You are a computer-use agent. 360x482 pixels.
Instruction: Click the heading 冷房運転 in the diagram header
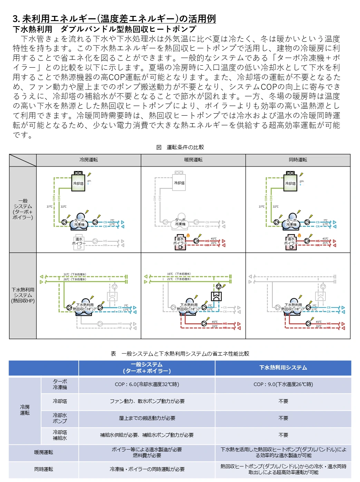point(89,160)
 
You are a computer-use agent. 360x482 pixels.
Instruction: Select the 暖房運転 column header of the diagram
point(193,160)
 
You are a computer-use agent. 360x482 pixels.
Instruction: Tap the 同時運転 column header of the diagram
point(298,160)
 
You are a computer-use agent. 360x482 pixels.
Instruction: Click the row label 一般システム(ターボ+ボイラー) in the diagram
point(23,209)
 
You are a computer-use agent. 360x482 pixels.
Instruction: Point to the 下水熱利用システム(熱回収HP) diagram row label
point(23,295)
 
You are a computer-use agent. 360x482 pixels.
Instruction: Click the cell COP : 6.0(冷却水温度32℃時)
point(147,384)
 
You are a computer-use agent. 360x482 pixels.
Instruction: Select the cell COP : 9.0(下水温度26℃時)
point(283,384)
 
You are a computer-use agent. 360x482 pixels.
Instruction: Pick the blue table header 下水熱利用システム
point(283,368)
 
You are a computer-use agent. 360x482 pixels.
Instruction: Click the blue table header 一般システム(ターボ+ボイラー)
point(147,368)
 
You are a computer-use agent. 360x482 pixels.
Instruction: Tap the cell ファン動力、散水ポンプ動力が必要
point(147,401)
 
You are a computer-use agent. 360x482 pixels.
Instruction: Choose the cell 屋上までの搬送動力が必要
point(147,418)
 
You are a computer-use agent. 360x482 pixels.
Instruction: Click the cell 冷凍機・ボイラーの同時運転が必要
point(147,469)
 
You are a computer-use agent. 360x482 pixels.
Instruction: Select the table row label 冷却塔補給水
point(60,435)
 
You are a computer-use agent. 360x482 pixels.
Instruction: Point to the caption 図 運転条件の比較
point(180,147)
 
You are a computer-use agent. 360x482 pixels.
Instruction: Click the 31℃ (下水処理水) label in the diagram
point(75,274)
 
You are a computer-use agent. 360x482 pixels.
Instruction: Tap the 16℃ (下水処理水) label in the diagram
point(178,274)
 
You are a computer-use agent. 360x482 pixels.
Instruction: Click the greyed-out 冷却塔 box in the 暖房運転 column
point(179,183)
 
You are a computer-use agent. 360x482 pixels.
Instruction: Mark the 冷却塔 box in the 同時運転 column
point(290,183)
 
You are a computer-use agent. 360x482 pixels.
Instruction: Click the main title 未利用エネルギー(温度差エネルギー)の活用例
point(119,19)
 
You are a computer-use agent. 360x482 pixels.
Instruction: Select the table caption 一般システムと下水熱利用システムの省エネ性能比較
point(180,354)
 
